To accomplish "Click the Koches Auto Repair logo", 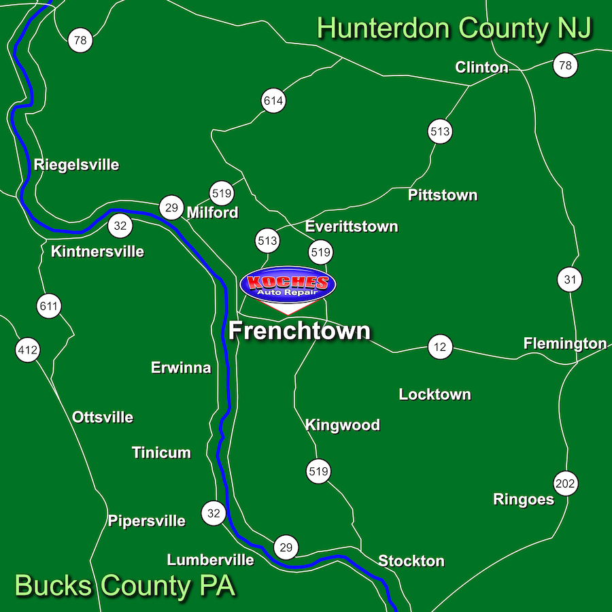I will tap(288, 286).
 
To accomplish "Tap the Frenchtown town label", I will tap(300, 331).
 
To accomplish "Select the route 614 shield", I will tap(273, 101).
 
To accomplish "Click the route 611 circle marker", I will tap(49, 306).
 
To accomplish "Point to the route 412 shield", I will tap(28, 351).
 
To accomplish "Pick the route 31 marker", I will tap(570, 279).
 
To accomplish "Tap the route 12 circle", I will tap(440, 347).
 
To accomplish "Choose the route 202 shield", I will tap(565, 484).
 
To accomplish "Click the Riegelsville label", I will tap(76, 165).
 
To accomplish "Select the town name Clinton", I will tap(481, 67).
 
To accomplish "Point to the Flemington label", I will tap(564, 343).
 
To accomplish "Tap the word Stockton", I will tap(411, 561).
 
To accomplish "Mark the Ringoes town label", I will tap(524, 500).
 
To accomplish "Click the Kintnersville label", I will tap(98, 252).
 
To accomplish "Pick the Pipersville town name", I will tap(146, 522).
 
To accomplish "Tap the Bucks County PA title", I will tap(125, 585).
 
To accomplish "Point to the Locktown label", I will tap(435, 394).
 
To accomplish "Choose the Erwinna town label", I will tap(181, 368).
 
